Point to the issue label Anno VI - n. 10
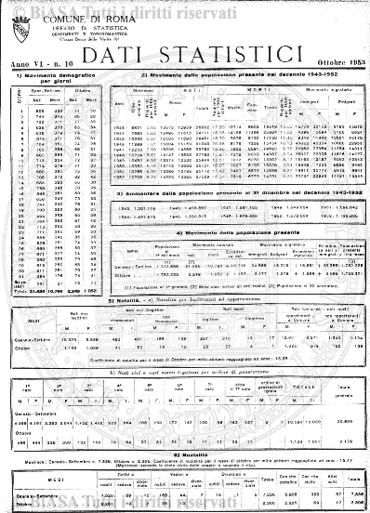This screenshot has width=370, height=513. point(41,60)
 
